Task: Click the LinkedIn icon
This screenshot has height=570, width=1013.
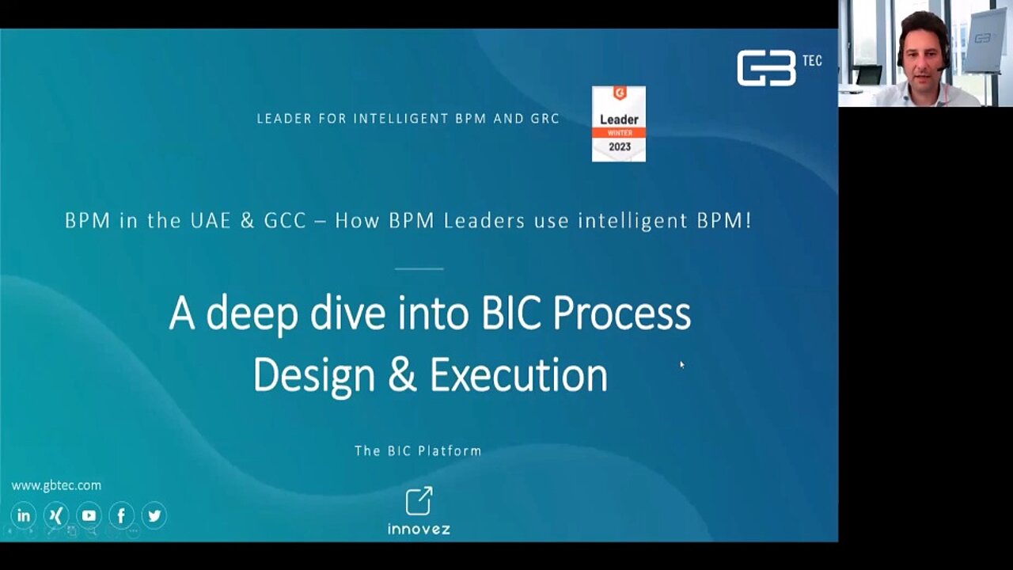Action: click(24, 515)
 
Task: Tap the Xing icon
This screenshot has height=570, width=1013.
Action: click(56, 515)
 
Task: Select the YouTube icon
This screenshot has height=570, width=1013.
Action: click(89, 515)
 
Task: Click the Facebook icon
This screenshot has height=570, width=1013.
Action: click(121, 515)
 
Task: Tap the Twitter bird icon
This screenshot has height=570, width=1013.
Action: click(154, 515)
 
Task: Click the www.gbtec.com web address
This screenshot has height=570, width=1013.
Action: click(56, 485)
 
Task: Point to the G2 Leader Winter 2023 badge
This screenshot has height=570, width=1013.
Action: click(619, 124)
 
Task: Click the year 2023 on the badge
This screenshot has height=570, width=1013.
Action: click(620, 146)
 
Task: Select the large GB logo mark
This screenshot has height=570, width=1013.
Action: click(766, 68)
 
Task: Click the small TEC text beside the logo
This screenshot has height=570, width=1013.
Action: click(813, 61)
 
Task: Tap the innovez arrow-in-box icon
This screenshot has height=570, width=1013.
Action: click(419, 501)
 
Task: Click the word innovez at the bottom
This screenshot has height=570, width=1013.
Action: click(419, 529)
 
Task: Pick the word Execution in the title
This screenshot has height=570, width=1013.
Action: click(518, 375)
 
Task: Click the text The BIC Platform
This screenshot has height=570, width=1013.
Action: click(419, 451)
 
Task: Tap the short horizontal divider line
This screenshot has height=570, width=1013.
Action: click(419, 268)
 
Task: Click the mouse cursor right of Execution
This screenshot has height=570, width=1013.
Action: click(682, 365)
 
